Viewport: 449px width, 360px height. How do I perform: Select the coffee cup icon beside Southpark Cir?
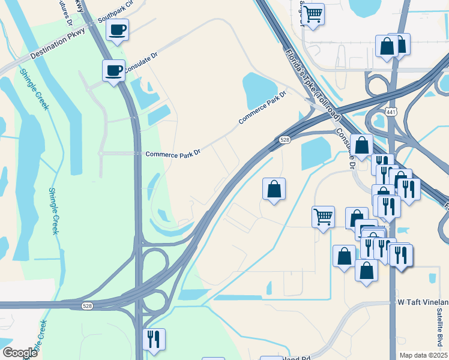117,29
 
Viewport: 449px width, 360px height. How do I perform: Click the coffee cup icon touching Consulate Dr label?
113,71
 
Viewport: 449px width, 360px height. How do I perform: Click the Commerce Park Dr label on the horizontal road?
172,154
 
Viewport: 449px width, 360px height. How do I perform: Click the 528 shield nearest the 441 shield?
285,140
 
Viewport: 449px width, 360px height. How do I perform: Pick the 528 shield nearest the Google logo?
88,306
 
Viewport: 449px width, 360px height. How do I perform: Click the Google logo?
20,352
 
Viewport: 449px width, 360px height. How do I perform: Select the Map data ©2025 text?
423,355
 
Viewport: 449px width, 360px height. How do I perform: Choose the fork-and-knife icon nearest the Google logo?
154,340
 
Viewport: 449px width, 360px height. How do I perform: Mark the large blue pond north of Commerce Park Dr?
260,91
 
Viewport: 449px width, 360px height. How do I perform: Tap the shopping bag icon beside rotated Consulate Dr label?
362,145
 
